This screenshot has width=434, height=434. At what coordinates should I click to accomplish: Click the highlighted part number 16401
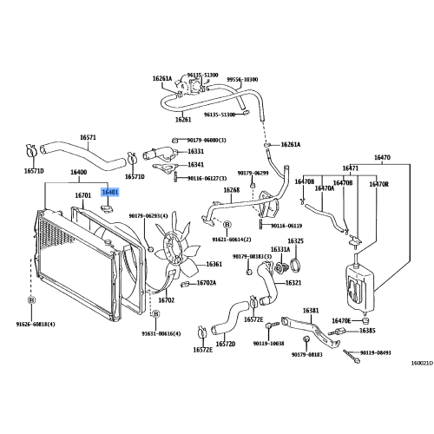(110, 193)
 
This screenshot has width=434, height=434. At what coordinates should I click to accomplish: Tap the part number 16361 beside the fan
(214, 264)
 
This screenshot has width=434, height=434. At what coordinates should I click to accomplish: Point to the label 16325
(296, 240)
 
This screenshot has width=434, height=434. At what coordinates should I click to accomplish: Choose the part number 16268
(231, 190)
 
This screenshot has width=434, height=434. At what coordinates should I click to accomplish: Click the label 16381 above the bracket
(311, 310)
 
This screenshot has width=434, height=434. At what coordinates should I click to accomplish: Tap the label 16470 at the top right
(383, 158)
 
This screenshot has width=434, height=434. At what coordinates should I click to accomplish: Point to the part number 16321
(293, 282)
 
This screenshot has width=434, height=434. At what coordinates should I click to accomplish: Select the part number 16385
(368, 331)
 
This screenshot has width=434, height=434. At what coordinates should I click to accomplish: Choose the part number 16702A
(207, 282)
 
